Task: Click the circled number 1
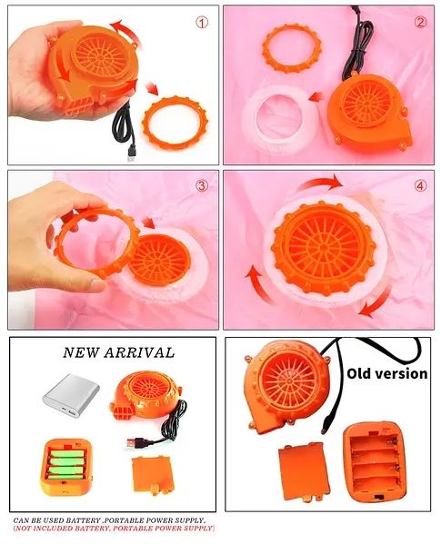(202, 23)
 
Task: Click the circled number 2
(420, 23)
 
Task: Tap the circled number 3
(201, 185)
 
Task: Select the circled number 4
(420, 185)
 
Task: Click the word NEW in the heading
(81, 353)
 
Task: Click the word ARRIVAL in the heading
(139, 353)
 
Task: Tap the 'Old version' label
(387, 373)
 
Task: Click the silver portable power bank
(71, 395)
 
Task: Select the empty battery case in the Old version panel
(375, 461)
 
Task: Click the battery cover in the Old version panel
(305, 472)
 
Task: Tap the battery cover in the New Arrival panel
(152, 475)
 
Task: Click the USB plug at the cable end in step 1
(131, 153)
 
